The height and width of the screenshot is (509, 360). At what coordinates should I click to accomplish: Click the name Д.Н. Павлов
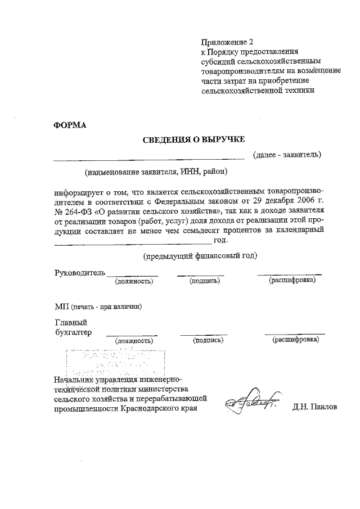314,407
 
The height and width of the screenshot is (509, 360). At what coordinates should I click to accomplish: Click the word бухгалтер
73,332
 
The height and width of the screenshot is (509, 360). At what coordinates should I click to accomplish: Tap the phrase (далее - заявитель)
286,154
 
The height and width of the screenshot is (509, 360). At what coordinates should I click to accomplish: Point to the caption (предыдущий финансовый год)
200,256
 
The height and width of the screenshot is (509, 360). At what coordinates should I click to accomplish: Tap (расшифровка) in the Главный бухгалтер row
296,340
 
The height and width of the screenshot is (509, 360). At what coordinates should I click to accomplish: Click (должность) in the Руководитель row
134,280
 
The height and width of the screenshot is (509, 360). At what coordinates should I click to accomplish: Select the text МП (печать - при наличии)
98,307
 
